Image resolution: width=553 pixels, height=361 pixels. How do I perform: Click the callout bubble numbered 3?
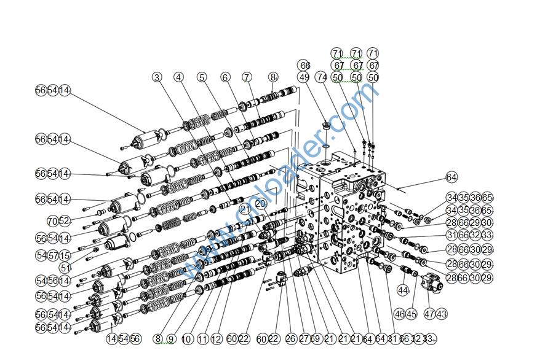pyautogui.click(x=157, y=77)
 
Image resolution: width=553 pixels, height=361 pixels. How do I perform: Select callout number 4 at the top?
pyautogui.click(x=178, y=77)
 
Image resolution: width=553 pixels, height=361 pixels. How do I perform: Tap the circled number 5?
pyautogui.click(x=202, y=77)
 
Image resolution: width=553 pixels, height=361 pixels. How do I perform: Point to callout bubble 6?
pyautogui.click(x=225, y=77)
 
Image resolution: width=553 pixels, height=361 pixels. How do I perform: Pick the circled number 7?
pyautogui.click(x=247, y=77)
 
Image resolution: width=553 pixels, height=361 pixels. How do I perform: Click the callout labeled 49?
pyautogui.click(x=304, y=77)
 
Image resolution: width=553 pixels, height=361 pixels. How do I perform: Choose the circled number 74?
pyautogui.click(x=321, y=77)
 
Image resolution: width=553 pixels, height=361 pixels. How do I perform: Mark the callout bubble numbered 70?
pyautogui.click(x=52, y=221)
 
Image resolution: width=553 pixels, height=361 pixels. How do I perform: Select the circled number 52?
pyautogui.click(x=64, y=221)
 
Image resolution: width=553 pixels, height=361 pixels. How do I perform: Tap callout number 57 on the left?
pyautogui.click(x=52, y=255)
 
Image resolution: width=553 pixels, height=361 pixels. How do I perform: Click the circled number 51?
pyautogui.click(x=65, y=268)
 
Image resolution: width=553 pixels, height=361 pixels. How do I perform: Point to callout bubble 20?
pyautogui.click(x=260, y=203)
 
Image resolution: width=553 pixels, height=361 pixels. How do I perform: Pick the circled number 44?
pyautogui.click(x=404, y=290)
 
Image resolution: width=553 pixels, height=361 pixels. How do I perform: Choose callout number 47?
pyautogui.click(x=429, y=314)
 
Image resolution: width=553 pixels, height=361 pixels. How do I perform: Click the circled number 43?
pyautogui.click(x=441, y=314)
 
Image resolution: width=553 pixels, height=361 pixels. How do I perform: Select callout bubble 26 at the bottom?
pyautogui.click(x=291, y=339)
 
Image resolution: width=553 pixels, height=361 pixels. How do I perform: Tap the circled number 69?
pyautogui.click(x=315, y=339)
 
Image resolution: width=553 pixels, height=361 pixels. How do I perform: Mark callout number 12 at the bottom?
pyautogui.click(x=216, y=339)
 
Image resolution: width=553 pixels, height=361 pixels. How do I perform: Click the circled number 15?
pyautogui.click(x=65, y=255)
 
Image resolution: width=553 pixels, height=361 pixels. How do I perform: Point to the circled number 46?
pyautogui.click(x=399, y=314)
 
